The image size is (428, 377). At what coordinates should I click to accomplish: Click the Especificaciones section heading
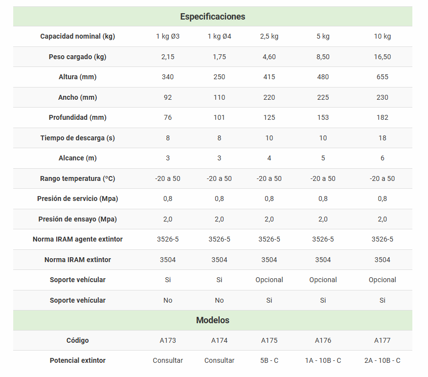[x=212, y=17]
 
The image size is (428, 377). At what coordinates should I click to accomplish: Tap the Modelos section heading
[x=212, y=320]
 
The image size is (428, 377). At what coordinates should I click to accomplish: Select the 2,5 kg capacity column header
[x=269, y=37]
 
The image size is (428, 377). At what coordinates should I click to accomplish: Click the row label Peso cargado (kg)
[x=77, y=57]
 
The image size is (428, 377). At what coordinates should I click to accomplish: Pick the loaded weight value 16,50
[x=382, y=57]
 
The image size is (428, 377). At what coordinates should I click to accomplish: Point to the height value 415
[x=269, y=77]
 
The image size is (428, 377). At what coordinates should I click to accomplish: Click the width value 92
[x=168, y=97]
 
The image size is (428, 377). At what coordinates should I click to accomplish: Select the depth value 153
[x=323, y=117]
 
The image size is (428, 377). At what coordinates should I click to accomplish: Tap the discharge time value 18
[x=382, y=138]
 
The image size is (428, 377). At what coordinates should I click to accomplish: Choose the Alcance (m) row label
[x=77, y=158]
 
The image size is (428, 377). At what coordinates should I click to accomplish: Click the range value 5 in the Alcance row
[x=323, y=158]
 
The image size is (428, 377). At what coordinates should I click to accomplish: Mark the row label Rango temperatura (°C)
[x=77, y=178]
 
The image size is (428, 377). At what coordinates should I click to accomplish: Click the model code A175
[x=269, y=340]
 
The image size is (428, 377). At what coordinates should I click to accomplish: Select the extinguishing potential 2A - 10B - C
[x=382, y=360]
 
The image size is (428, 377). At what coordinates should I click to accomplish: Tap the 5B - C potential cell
[x=269, y=360]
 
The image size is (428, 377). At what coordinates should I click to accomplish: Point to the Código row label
[x=77, y=340]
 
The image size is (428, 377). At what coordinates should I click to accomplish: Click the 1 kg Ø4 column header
[x=219, y=37]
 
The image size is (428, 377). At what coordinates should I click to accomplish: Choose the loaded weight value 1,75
[x=219, y=57]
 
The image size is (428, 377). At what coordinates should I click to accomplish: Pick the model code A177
[x=382, y=340]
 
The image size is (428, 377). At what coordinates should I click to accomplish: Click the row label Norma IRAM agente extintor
[x=77, y=239]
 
